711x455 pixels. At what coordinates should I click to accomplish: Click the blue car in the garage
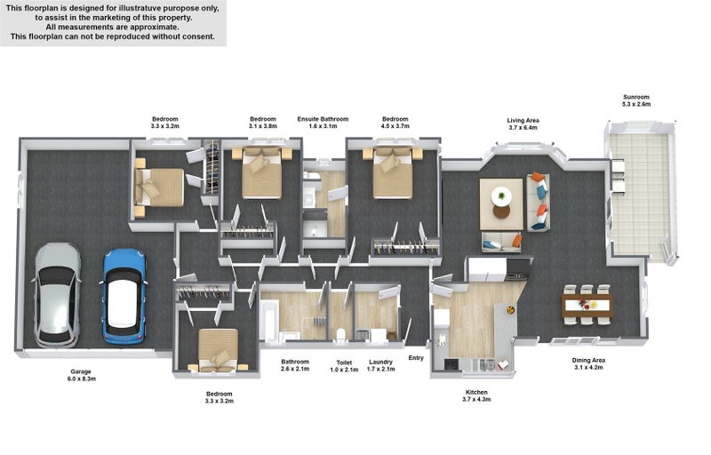(x=124, y=295)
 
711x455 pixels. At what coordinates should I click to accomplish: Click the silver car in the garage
(x=57, y=295)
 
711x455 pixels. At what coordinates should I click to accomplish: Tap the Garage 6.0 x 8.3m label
(x=81, y=375)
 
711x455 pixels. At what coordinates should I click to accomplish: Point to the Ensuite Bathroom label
(x=323, y=123)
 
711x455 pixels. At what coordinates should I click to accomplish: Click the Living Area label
(x=523, y=124)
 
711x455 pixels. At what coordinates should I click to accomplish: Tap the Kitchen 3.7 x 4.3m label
(x=476, y=395)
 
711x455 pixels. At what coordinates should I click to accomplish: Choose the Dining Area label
(x=588, y=363)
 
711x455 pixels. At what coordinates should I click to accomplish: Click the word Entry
(x=416, y=358)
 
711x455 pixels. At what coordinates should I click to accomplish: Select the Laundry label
(x=380, y=365)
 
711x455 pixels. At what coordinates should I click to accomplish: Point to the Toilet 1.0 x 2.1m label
(x=344, y=366)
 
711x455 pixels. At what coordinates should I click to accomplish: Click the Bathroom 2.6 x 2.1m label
(x=295, y=365)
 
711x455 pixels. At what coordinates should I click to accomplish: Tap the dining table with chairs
(x=587, y=305)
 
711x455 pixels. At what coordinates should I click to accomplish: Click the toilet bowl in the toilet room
(x=341, y=334)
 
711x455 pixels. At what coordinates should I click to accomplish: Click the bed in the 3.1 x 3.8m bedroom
(x=261, y=172)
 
